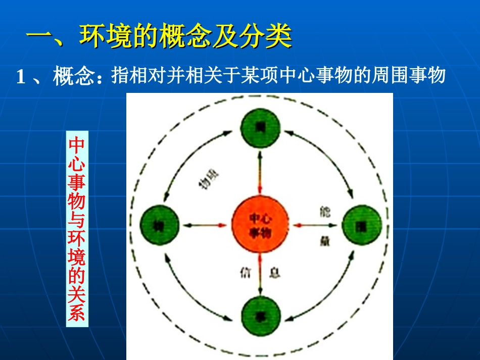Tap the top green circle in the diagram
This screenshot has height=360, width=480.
coord(260,130)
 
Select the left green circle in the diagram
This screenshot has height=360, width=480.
coord(159,224)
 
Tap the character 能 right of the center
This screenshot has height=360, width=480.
coord(323,212)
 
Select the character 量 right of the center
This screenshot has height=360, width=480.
coord(324,240)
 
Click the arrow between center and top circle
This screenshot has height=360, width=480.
coord(260,171)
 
